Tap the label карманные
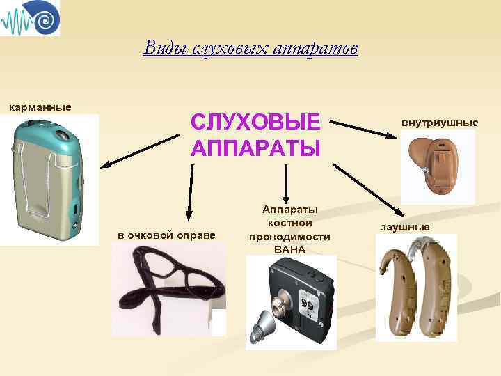[x=40, y=107]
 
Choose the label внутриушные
[x=440, y=123]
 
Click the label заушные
[x=404, y=227]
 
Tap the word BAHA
[x=289, y=249]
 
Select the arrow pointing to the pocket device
[x=139, y=150]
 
